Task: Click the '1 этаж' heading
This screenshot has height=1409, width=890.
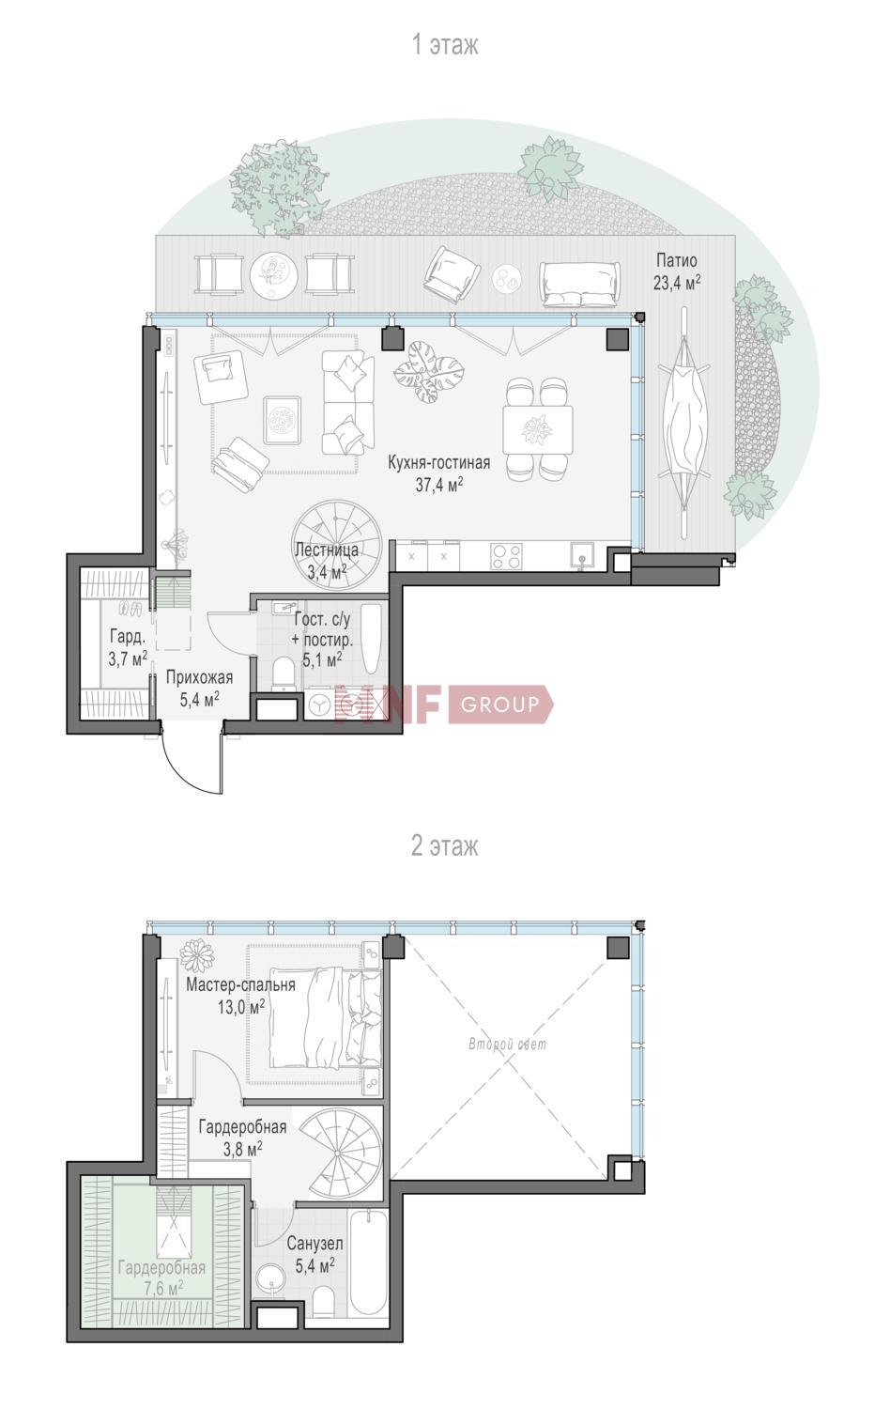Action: tap(445, 45)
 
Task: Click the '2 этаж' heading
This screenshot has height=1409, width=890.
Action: tap(445, 846)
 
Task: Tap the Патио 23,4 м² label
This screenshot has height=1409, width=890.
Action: tap(676, 271)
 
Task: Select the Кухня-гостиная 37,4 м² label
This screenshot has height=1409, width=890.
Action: tap(438, 473)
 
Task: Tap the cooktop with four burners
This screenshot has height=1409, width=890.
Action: tap(507, 556)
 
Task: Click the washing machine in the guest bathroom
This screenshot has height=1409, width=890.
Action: tap(321, 704)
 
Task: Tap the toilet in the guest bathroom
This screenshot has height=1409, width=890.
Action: tap(284, 674)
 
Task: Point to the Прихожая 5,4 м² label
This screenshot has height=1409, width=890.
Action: tap(199, 688)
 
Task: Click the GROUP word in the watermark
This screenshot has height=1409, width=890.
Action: tap(500, 704)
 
